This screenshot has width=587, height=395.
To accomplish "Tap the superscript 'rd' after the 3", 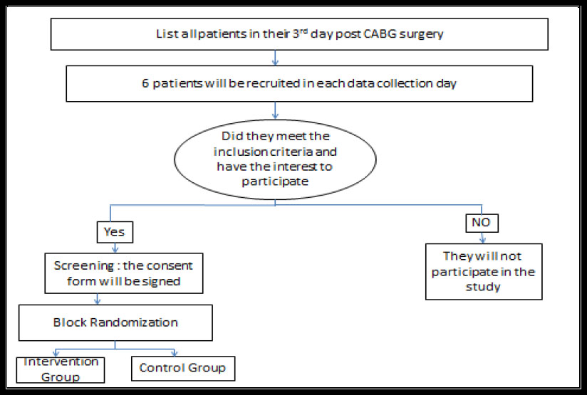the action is pyautogui.click(x=303, y=30).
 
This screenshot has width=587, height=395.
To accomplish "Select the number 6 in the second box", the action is pyautogui.click(x=145, y=83).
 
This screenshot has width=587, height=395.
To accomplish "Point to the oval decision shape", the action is pyautogui.click(x=275, y=159).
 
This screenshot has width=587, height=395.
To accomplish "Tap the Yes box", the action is pyautogui.click(x=115, y=232).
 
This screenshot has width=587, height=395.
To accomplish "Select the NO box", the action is pyautogui.click(x=482, y=223).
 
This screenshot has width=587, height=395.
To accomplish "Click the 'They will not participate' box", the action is pyautogui.click(x=484, y=272).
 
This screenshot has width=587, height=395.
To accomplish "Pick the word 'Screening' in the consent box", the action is pyautogui.click(x=84, y=266).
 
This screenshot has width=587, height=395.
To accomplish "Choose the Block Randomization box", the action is pyautogui.click(x=115, y=323).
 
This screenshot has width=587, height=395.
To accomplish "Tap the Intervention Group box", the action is pyautogui.click(x=61, y=370).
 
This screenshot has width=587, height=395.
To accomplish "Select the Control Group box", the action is pyautogui.click(x=183, y=369).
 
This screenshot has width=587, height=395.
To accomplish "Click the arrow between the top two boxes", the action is pyautogui.click(x=275, y=58).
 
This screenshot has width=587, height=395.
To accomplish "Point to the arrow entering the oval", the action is pyautogui.click(x=275, y=110).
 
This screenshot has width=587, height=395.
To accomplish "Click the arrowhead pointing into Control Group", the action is pyautogui.click(x=174, y=353).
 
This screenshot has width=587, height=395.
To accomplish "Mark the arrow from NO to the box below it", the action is pyautogui.click(x=482, y=238).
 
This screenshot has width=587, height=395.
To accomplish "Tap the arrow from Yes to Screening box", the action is pyautogui.click(x=115, y=248).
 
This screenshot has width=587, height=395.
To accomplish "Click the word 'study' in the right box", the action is pyautogui.click(x=483, y=288).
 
